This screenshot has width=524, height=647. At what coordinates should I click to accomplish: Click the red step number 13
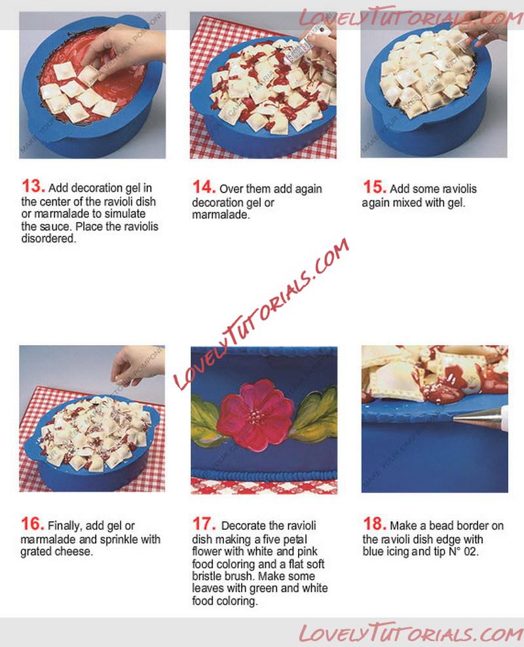[33, 186]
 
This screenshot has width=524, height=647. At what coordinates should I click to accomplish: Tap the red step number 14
[204, 187]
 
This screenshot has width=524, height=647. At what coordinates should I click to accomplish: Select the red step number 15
[374, 187]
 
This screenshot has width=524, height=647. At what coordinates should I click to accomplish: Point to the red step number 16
[32, 524]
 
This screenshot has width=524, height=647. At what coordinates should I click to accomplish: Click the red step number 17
[204, 524]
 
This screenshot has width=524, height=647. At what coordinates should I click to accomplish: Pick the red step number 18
[374, 524]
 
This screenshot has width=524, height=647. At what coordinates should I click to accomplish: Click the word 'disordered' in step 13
[48, 238]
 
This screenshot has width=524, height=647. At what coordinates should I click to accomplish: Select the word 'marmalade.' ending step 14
[221, 215]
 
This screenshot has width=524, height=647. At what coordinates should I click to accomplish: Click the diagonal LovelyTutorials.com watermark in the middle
[261, 314]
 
